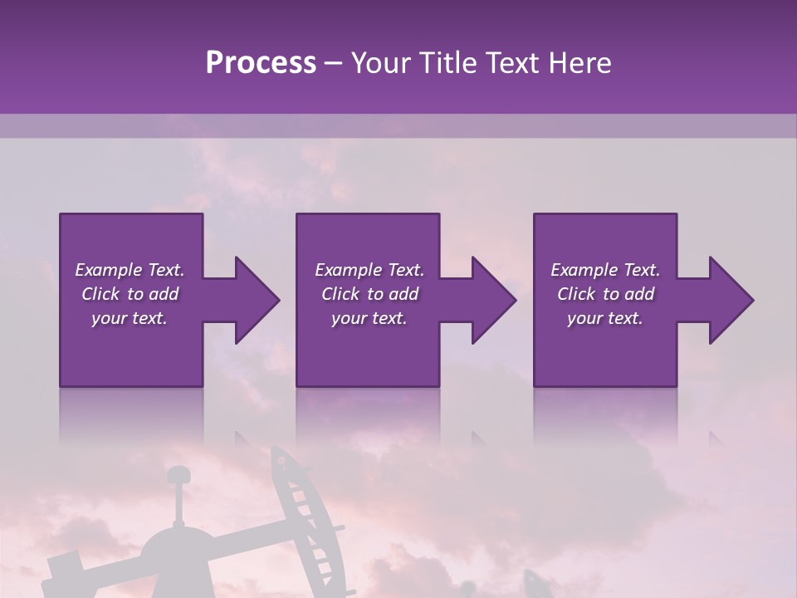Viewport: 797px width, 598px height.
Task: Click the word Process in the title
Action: [261, 63]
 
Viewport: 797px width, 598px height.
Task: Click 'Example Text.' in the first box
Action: [130, 270]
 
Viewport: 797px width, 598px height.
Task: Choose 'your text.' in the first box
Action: [130, 318]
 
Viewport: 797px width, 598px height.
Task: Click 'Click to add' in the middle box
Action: [369, 294]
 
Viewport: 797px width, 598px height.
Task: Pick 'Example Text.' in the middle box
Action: [369, 270]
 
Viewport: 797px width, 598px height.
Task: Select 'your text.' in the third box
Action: [605, 318]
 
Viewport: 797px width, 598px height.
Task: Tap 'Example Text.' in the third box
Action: [605, 270]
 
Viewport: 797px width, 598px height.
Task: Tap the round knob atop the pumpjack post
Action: [178, 476]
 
